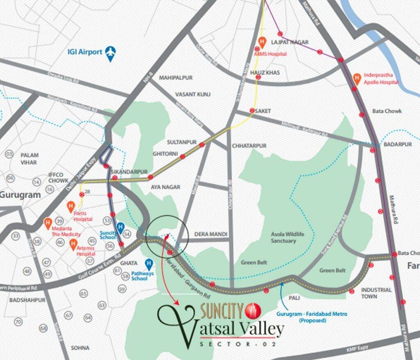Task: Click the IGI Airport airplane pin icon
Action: tap(110, 53)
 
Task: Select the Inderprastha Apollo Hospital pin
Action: tap(357, 77)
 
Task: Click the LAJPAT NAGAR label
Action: tap(290, 42)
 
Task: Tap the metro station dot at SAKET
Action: tap(252, 111)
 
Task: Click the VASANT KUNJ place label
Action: tap(193, 94)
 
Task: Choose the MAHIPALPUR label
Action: tap(176, 77)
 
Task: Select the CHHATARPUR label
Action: tap(249, 146)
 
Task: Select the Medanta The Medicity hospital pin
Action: tap(48, 223)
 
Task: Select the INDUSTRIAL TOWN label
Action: tap(376, 293)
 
